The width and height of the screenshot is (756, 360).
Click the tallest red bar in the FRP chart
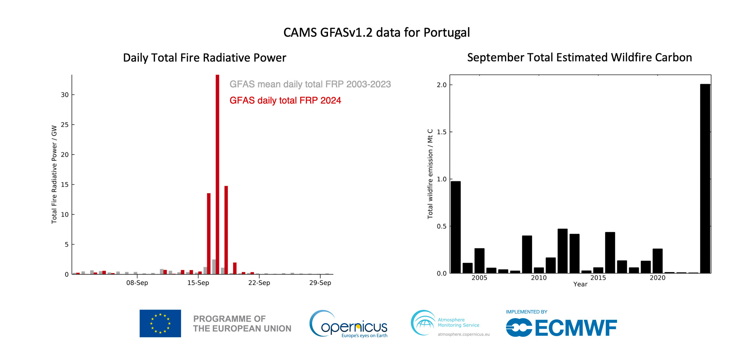pyautogui.click(x=217, y=173)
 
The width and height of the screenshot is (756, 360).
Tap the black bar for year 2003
pyautogui.click(x=455, y=227)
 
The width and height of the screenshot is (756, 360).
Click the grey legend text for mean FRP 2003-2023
pyautogui.click(x=310, y=84)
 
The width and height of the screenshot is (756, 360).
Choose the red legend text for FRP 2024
pyautogui.click(x=285, y=100)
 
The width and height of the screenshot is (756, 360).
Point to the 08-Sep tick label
pyautogui.click(x=137, y=283)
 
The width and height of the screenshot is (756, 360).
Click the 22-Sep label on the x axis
pyautogui.click(x=259, y=283)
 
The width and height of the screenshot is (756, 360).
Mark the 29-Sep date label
pyautogui.click(x=320, y=283)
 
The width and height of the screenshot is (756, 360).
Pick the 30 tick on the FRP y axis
pyautogui.click(x=65, y=95)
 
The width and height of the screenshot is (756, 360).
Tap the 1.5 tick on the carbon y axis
pyautogui.click(x=441, y=132)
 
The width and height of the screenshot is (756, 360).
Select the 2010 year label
pyautogui.click(x=539, y=278)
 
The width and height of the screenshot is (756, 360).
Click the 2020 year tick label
pyautogui.click(x=657, y=278)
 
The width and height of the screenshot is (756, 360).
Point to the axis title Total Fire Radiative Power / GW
pyautogui.click(x=54, y=174)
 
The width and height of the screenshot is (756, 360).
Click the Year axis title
pyautogui.click(x=580, y=284)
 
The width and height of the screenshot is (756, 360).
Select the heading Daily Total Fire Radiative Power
pyautogui.click(x=204, y=58)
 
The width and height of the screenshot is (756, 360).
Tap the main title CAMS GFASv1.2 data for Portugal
pyautogui.click(x=376, y=32)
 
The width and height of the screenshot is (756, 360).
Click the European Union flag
pyautogui.click(x=160, y=323)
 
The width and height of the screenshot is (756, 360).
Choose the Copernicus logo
pyautogui.click(x=349, y=324)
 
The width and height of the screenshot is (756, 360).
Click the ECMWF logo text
pyautogui.click(x=576, y=328)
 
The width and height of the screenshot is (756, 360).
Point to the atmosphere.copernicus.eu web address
pyautogui.click(x=463, y=334)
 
